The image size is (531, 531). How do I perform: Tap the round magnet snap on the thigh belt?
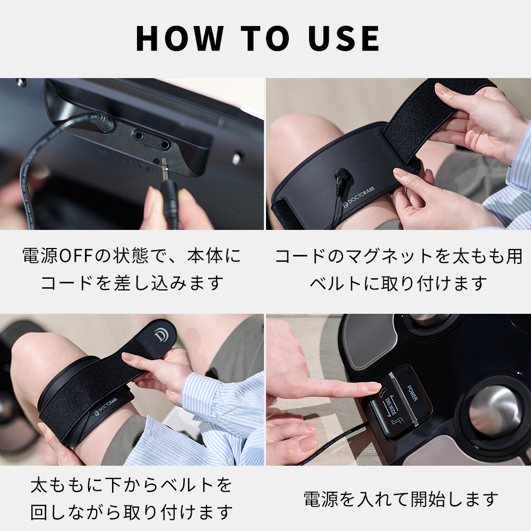(341, 174)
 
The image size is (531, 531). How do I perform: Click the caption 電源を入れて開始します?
(400, 499)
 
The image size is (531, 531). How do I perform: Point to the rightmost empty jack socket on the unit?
(164, 143)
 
